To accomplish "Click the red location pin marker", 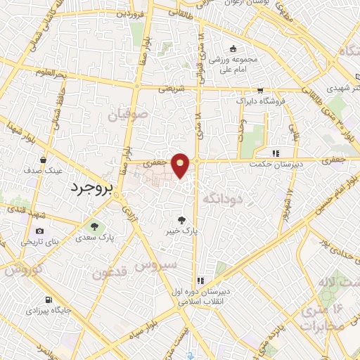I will tap(181, 165).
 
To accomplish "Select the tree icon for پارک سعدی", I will tap(94, 226).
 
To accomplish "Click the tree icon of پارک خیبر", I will tap(184, 219).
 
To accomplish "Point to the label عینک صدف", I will tap(44, 170).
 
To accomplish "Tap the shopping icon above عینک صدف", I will tap(44, 160).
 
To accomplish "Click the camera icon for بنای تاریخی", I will tap(39, 231).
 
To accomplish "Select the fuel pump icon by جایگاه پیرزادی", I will tap(48, 299).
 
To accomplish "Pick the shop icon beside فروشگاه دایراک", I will tap(260, 90).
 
